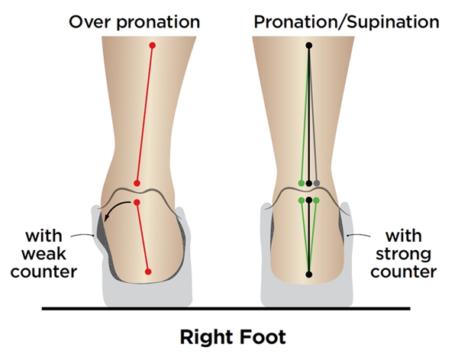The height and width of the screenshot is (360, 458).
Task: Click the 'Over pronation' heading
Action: click(134, 21)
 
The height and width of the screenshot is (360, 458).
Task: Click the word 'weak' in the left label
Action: click(48, 252)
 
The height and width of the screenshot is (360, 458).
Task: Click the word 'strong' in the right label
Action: click(411, 252)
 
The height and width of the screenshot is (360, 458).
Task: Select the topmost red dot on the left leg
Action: click(153, 46)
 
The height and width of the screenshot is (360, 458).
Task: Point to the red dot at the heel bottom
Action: click(149, 272)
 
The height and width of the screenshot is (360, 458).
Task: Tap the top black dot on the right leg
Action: click(309, 46)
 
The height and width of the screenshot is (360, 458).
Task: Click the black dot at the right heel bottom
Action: click(309, 274)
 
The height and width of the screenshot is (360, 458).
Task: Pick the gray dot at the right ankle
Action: click(317, 183)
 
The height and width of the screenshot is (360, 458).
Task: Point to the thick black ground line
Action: click(229, 309)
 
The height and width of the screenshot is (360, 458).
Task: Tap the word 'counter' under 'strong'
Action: click(411, 271)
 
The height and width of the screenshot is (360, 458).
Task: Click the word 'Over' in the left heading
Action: click(86, 21)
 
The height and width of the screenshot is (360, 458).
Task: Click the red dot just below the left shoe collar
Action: click(137, 202)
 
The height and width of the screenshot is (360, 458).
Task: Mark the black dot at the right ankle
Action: click(309, 183)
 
